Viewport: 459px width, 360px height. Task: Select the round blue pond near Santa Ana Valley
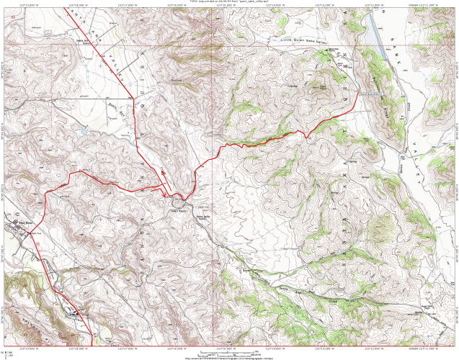coord(85,132)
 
